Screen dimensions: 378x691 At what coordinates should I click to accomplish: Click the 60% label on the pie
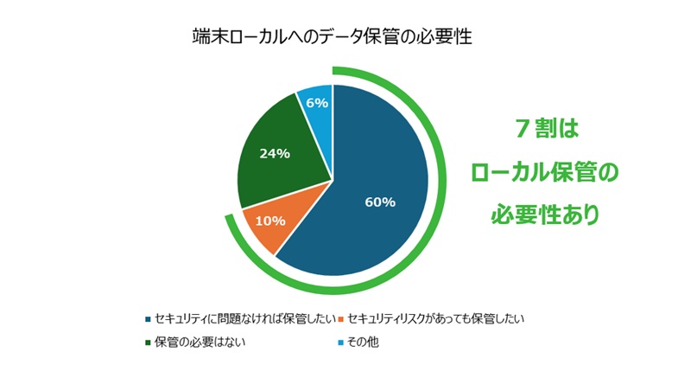point(380,202)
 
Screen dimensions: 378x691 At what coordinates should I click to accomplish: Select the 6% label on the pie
point(317,102)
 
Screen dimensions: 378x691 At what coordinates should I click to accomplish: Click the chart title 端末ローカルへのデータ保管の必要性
point(333,38)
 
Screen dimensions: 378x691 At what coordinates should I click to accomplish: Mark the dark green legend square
point(148,342)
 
